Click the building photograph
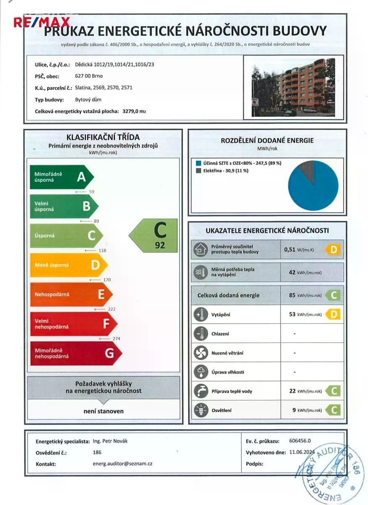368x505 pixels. pyautogui.click(x=293, y=88)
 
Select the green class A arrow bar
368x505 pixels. pyautogui.click(x=61, y=177)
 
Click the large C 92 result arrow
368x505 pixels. pyautogui.click(x=154, y=235)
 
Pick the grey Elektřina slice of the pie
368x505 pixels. pyautogui.click(x=307, y=170)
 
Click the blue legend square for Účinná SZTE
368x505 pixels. pyautogui.click(x=198, y=163)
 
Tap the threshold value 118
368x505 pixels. pyautogui.click(x=101, y=250)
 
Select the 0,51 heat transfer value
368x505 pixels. pyautogui.click(x=290, y=249)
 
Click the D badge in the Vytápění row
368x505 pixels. pyautogui.click(x=333, y=314)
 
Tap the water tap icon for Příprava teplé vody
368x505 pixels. pyautogui.click(x=200, y=391)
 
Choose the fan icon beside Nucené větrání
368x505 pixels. pyautogui.click(x=200, y=353)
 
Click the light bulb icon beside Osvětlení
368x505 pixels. pyautogui.click(x=200, y=410)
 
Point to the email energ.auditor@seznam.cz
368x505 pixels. pyautogui.click(x=122, y=463)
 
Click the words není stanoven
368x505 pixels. pyautogui.click(x=104, y=411)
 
